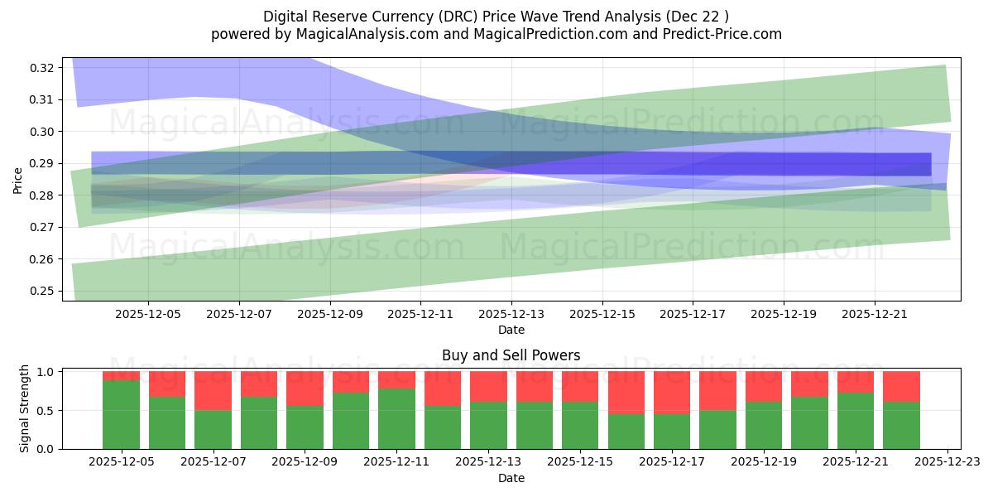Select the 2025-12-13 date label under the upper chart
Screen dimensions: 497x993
[x=511, y=315]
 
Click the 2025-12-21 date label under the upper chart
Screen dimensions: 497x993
[x=875, y=315]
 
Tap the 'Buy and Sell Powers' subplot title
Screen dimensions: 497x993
[x=511, y=355]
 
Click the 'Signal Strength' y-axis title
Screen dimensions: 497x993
[x=25, y=408]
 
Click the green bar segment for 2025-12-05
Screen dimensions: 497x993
[x=121, y=414]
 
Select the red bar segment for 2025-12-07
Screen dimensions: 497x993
[x=213, y=391]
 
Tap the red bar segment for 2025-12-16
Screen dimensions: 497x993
[x=626, y=393]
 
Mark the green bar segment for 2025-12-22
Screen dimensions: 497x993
[x=901, y=425]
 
